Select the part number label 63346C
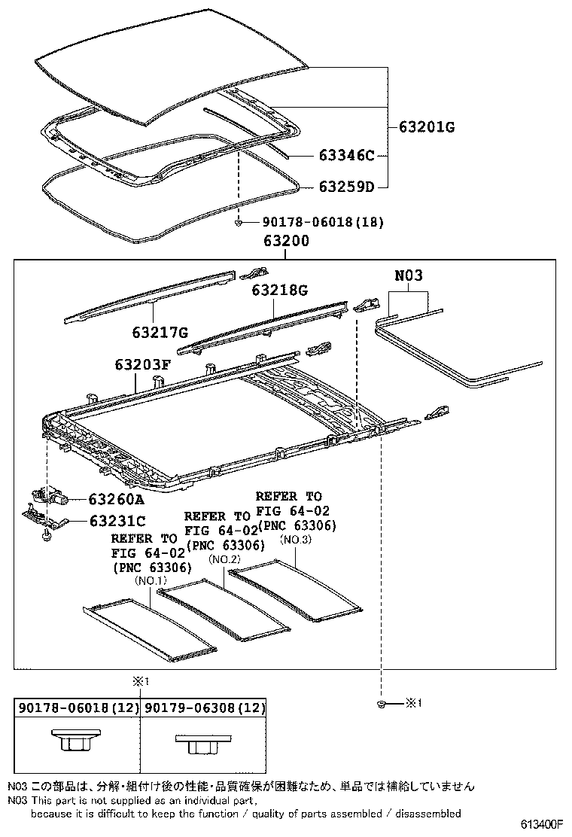click(345, 157)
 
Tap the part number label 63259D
click(345, 186)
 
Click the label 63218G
click(280, 290)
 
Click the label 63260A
click(117, 498)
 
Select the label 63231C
click(117, 520)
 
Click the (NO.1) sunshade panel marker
click(151, 581)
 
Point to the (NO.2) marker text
click(224, 559)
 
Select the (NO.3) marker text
click(295, 540)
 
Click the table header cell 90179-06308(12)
click(204, 708)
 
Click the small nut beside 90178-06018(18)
click(238, 222)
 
